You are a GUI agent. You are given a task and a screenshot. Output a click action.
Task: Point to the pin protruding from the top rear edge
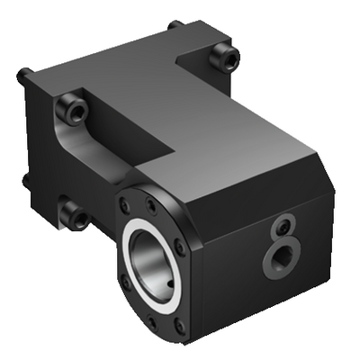(175, 25)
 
